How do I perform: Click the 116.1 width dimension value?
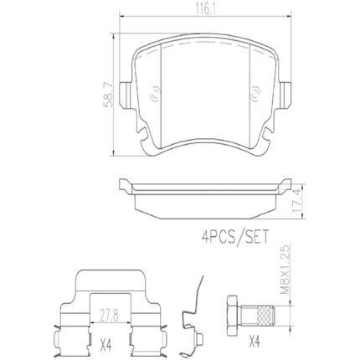205,9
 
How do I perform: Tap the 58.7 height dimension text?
108,95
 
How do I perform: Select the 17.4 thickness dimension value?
296,201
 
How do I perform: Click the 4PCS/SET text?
234,236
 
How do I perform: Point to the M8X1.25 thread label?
285,269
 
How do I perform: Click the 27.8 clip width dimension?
110,316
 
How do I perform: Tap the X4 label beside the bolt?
255,342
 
